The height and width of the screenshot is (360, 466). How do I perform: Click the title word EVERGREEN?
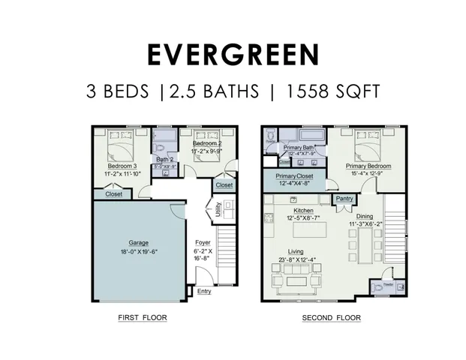(233, 55)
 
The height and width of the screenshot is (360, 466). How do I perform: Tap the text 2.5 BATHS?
(215, 92)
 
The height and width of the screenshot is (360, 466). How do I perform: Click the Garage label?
(139, 242)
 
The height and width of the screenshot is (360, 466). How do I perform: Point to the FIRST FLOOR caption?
(142, 317)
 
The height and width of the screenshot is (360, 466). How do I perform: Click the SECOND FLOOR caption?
(331, 318)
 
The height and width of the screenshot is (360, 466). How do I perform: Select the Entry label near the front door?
(204, 292)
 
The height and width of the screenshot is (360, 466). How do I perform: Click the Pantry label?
(344, 199)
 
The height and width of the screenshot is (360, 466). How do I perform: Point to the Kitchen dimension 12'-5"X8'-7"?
(303, 218)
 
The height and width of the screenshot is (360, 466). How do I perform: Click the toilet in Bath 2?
(167, 138)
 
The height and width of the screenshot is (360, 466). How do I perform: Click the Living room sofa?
(288, 284)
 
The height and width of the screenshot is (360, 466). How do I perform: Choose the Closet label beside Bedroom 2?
(224, 184)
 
